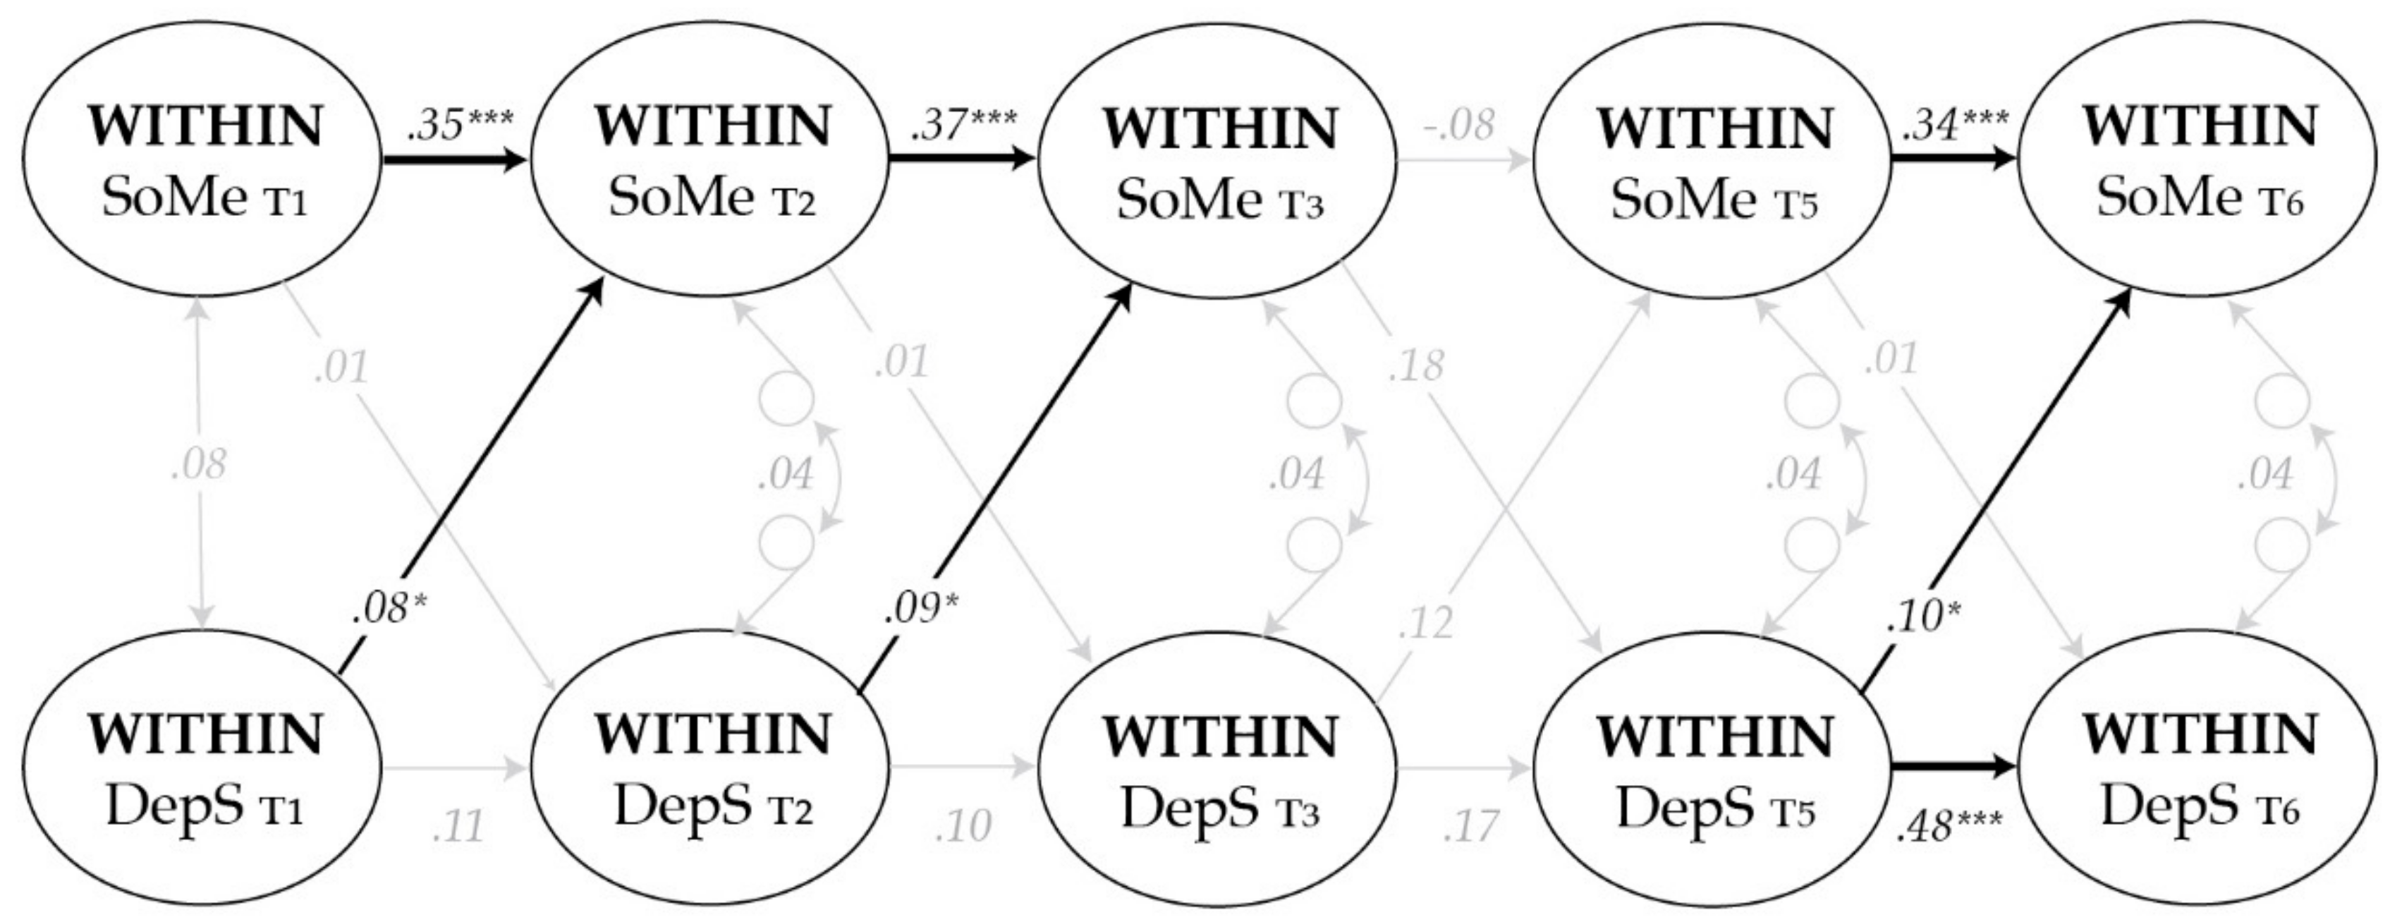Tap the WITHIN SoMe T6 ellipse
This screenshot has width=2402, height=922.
2199,160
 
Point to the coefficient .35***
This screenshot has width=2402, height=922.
460,124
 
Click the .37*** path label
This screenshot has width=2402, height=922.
964,124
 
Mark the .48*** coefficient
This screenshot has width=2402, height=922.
1949,826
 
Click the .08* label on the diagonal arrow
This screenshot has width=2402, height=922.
389,608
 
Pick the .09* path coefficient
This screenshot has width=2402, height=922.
921,608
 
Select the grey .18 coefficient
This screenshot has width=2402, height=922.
1415,365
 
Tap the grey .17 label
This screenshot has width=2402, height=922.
1470,826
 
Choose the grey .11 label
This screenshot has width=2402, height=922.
459,826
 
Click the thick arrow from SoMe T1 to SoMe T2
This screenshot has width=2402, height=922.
455,160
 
